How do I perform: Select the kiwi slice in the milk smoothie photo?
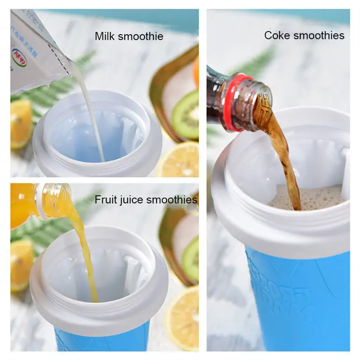pyautogui.click(x=185, y=114)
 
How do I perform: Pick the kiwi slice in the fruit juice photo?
pyautogui.click(x=191, y=260)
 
